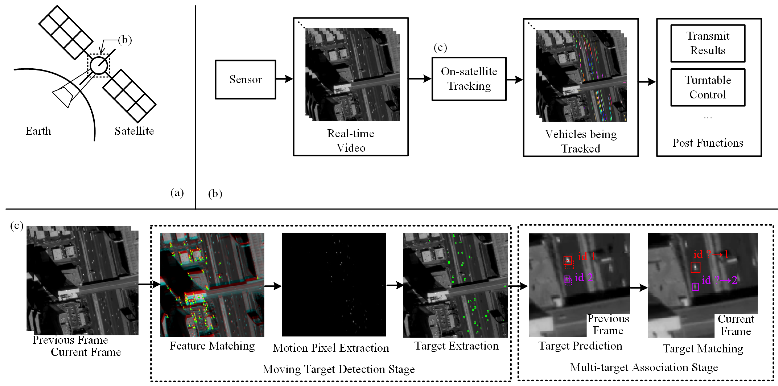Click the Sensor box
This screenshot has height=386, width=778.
[x=245, y=79]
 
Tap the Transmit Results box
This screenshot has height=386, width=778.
[x=708, y=43]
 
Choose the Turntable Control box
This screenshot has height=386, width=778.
[x=708, y=87]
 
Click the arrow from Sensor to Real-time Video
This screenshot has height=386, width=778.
[x=284, y=79]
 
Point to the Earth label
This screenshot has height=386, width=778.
[x=38, y=131]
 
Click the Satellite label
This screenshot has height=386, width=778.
[x=134, y=131]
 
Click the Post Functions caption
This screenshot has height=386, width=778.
[x=708, y=143]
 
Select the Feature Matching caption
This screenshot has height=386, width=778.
[x=212, y=346]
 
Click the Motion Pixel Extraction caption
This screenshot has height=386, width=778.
[x=331, y=348]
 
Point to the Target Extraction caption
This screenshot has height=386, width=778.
[x=456, y=346]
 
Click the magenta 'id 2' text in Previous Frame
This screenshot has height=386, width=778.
[x=583, y=278]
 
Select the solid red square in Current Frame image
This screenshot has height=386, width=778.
[x=695, y=267]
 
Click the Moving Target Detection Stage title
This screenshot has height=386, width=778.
[x=338, y=369]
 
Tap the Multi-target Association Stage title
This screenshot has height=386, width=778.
[x=644, y=367]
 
